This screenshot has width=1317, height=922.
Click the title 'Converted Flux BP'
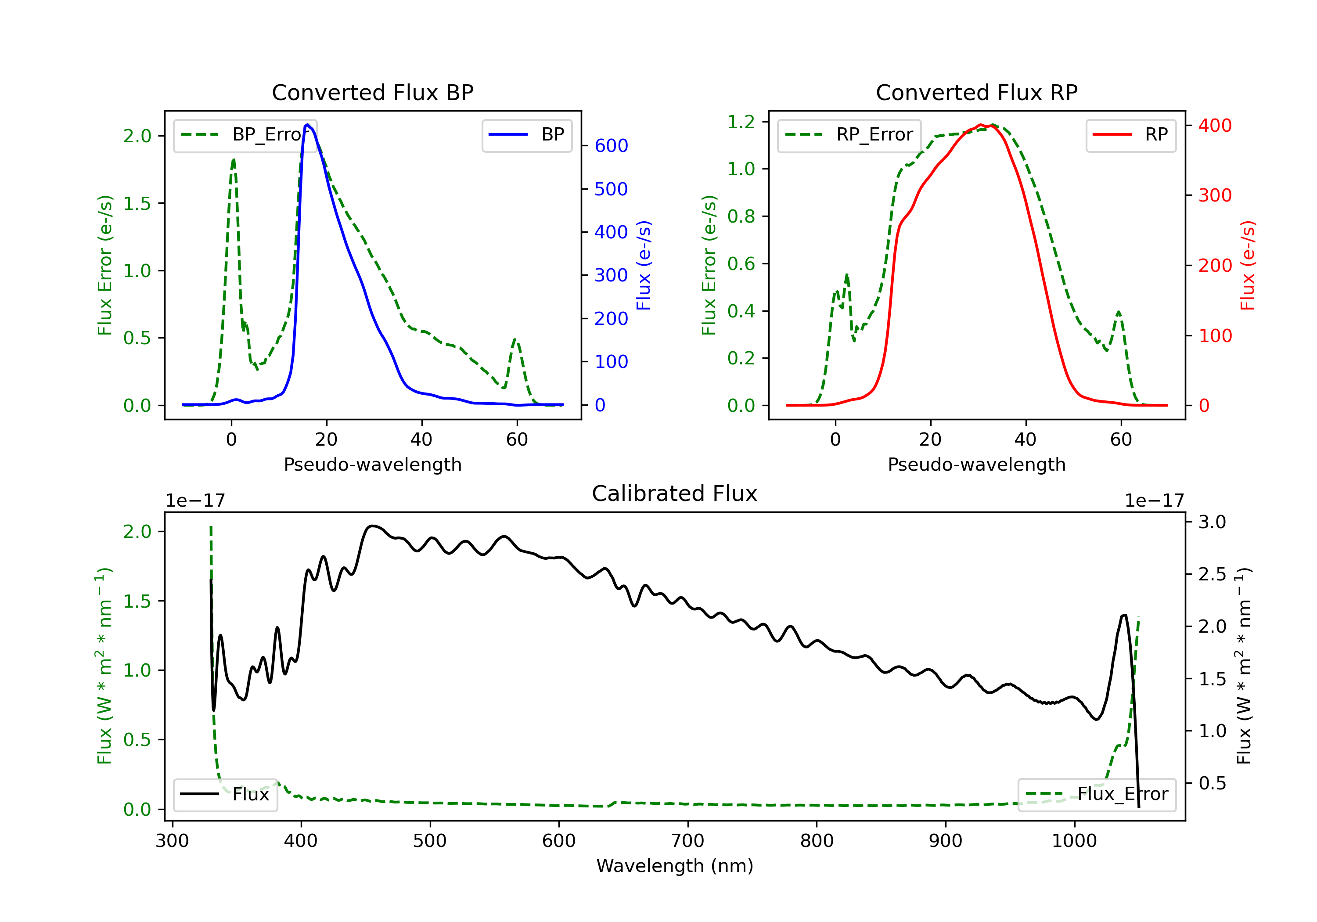point(372,92)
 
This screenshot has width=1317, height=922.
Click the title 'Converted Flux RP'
point(976,92)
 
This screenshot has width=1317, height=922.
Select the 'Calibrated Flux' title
point(675,493)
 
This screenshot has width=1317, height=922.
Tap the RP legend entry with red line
point(1130,135)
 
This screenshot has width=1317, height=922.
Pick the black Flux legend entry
point(225,794)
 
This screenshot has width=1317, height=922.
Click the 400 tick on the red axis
point(1215,126)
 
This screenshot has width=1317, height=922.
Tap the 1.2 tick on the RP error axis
point(741,122)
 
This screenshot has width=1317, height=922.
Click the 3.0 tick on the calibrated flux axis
point(1212,522)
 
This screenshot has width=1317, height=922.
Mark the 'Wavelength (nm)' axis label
point(675,866)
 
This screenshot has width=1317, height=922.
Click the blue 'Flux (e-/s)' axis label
point(644,266)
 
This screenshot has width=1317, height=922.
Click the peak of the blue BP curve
point(307,125)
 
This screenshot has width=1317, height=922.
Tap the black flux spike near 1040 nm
point(1124,616)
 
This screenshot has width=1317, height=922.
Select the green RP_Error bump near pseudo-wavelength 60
point(1119,313)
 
